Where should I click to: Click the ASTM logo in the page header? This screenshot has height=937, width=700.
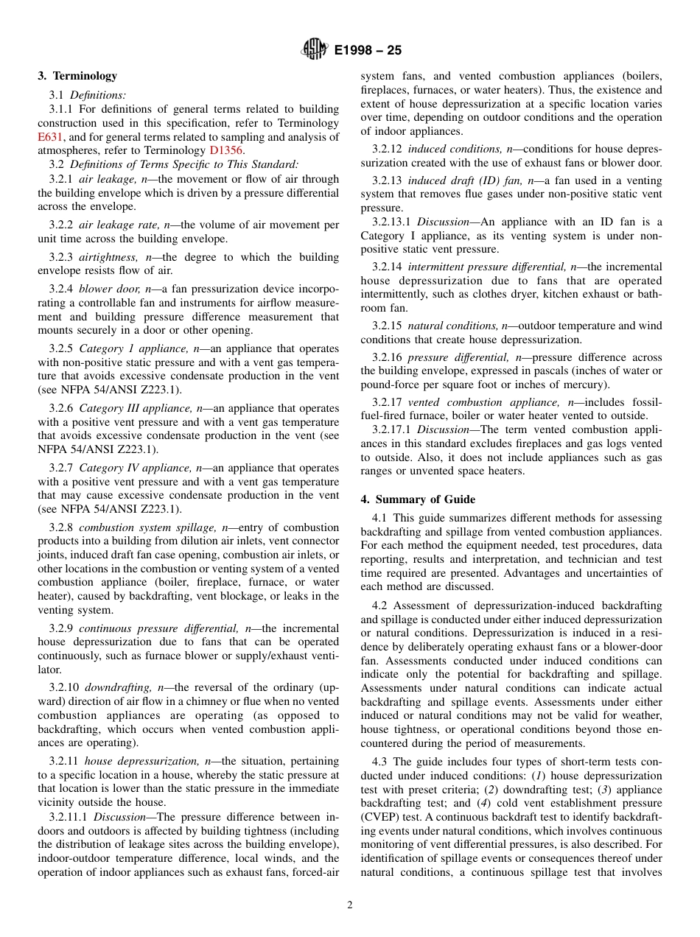click(x=315, y=50)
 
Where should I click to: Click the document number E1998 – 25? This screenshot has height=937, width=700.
click(x=368, y=51)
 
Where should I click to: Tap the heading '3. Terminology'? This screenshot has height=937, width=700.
click(x=77, y=76)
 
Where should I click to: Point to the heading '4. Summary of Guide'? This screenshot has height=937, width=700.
click(x=418, y=499)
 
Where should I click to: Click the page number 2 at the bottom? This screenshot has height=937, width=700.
click(x=350, y=905)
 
